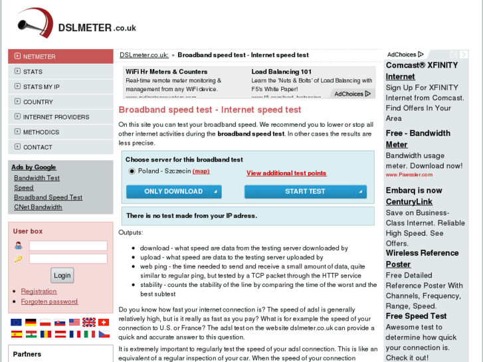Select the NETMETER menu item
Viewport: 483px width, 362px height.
coord(39,56)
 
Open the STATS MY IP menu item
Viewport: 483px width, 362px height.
coord(41,87)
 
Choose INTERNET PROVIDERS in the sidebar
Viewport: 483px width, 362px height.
coord(56,117)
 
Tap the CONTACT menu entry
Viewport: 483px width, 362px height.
coord(37,147)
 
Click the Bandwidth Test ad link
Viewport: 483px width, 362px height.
coord(37,178)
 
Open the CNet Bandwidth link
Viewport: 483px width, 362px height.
coord(38,207)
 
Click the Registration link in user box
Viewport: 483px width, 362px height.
coord(39,292)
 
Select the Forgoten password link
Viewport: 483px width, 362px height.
coord(49,302)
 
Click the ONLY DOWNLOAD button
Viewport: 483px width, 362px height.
coord(173,192)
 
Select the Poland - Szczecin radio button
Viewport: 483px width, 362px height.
coord(132,171)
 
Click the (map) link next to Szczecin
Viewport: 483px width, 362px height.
coord(201,171)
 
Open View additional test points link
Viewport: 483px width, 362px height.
coord(286,173)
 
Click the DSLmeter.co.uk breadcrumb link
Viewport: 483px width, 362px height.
coord(144,55)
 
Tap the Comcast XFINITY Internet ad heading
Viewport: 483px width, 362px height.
coord(421,71)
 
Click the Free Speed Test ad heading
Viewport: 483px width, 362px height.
coord(416,316)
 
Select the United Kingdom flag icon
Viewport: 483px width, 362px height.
coord(88,322)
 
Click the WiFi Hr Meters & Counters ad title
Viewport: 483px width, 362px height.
coord(166,72)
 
